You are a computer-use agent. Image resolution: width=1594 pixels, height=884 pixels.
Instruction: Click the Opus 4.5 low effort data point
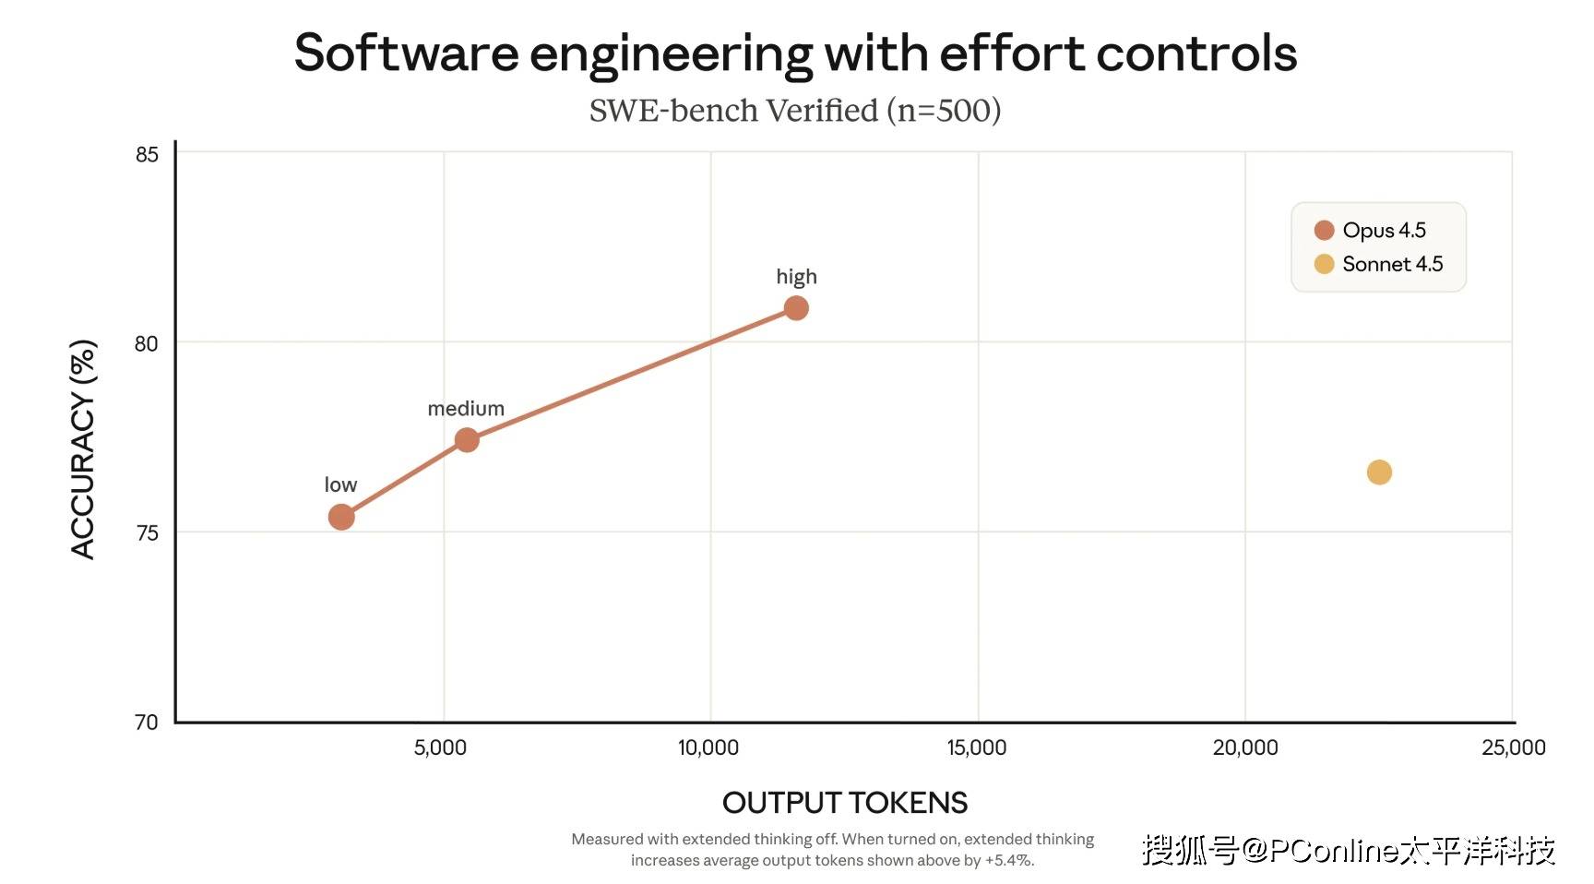click(x=341, y=517)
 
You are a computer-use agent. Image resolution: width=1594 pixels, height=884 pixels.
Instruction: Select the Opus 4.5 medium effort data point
click(x=467, y=440)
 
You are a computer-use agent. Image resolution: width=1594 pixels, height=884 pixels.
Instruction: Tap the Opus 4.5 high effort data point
click(x=796, y=308)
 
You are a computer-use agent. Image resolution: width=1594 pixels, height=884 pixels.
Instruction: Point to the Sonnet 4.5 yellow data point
click(x=1379, y=472)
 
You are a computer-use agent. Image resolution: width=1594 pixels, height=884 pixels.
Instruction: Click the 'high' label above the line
click(x=796, y=277)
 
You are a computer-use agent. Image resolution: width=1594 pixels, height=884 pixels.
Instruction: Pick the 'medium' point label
click(x=466, y=409)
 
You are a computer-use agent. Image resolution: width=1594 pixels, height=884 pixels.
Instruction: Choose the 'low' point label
click(x=340, y=484)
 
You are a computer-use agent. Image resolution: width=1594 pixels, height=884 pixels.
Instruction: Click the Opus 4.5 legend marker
click(x=1324, y=230)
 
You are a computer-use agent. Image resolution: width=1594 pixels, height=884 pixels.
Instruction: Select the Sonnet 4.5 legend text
click(x=1392, y=264)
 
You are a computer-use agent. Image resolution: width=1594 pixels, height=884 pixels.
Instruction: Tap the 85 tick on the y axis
click(x=147, y=154)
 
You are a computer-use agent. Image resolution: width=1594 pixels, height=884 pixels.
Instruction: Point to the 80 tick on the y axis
click(x=147, y=343)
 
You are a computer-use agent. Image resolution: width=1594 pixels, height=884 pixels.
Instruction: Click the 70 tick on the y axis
click(x=147, y=722)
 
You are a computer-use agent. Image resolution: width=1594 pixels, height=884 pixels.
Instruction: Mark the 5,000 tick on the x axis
click(x=440, y=747)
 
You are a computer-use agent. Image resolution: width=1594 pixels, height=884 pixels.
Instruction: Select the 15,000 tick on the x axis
click(x=977, y=747)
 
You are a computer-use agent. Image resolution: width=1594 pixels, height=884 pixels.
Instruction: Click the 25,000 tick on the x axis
click(x=1513, y=747)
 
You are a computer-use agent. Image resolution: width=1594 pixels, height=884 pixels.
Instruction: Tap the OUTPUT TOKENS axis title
click(x=845, y=803)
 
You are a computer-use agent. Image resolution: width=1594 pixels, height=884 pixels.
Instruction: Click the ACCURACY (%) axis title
click(x=83, y=449)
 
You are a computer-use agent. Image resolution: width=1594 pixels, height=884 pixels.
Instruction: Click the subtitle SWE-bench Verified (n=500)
click(x=795, y=111)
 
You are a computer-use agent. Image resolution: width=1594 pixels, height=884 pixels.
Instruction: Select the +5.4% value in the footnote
click(x=1008, y=860)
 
